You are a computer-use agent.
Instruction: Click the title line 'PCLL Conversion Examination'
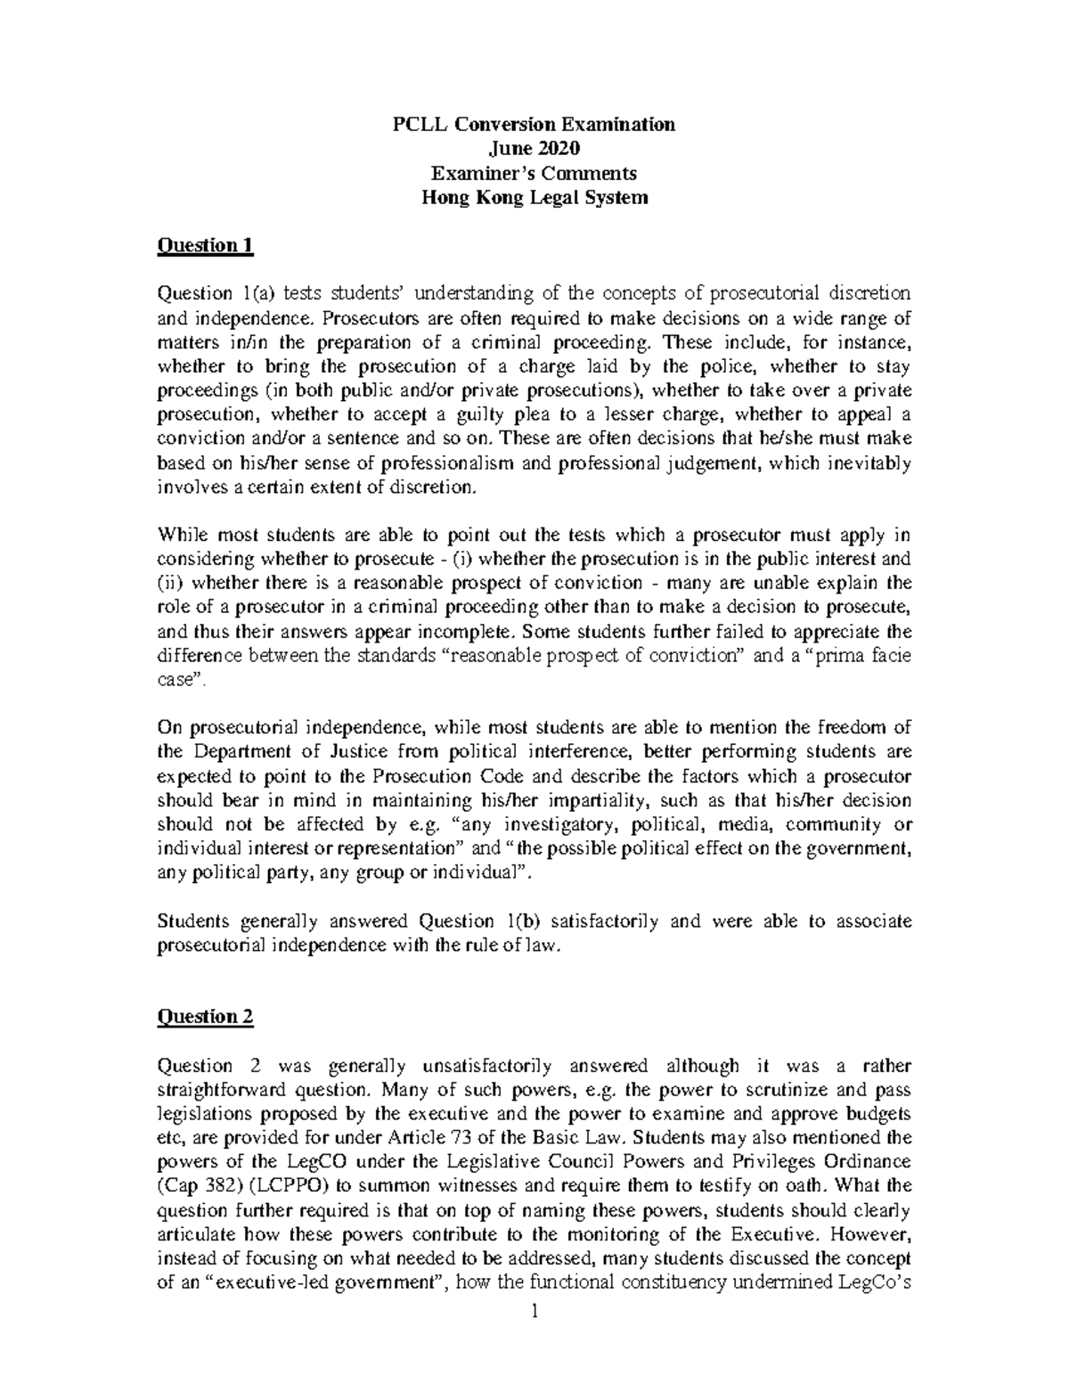click(534, 124)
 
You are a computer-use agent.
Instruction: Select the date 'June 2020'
click(534, 148)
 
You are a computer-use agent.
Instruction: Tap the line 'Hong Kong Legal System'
click(534, 198)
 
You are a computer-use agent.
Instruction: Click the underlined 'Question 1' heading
click(206, 246)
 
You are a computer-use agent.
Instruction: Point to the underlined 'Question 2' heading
click(206, 1018)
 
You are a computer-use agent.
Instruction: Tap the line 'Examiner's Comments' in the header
click(534, 173)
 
